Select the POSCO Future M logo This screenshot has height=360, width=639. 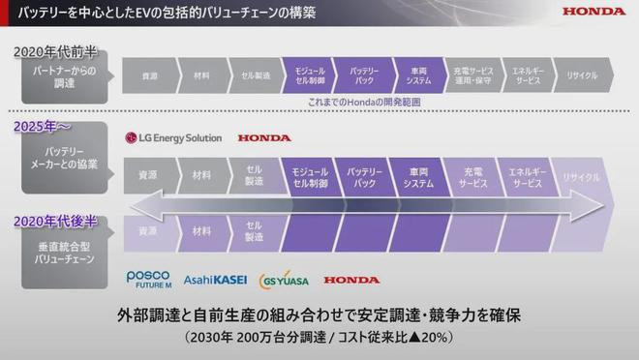click(147, 280)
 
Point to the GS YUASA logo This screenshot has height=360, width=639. click(284, 280)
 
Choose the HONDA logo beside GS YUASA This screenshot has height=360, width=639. click(351, 280)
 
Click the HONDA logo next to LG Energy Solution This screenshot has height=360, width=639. click(263, 138)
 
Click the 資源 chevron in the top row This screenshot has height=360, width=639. click(149, 75)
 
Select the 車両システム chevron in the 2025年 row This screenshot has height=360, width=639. click(418, 177)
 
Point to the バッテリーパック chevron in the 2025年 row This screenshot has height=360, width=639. click(365, 177)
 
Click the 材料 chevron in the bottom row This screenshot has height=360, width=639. click(201, 231)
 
